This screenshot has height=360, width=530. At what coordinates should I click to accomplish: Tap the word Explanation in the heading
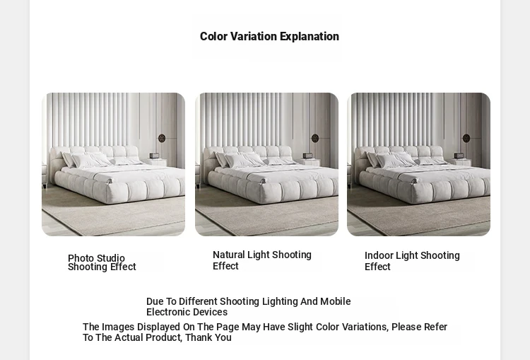(310, 37)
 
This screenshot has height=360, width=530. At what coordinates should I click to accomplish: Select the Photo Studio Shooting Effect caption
(102, 262)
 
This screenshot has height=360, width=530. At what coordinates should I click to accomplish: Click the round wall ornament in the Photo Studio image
(162, 138)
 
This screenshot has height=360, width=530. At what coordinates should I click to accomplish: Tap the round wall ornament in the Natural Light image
(315, 138)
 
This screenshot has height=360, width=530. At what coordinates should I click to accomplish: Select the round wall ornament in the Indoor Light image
(466, 138)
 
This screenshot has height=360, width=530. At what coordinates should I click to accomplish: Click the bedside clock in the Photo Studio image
(154, 156)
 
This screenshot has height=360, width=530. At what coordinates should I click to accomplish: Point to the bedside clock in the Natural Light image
(307, 156)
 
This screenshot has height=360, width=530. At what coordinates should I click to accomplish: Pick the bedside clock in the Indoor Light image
(459, 156)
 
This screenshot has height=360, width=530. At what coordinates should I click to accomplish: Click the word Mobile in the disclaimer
(335, 301)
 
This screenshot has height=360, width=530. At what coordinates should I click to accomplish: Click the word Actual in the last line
(129, 337)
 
